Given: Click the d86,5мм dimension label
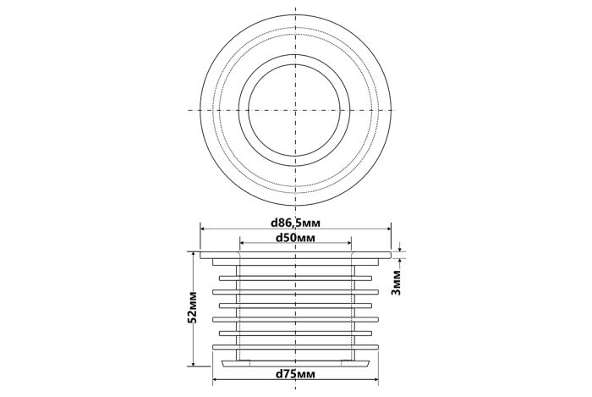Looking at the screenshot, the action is click(x=295, y=223).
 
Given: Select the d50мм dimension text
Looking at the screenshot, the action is click(x=295, y=238).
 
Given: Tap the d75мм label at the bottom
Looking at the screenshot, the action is click(x=295, y=374).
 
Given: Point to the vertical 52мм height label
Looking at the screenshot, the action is click(x=192, y=307).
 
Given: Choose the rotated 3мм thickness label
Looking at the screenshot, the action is click(x=396, y=282).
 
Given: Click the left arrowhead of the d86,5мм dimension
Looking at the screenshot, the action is click(x=203, y=229).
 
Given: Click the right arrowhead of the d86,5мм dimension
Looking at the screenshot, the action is click(x=388, y=229).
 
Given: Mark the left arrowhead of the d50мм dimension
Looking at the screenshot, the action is click(x=243, y=243).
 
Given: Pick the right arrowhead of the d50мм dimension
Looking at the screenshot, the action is click(x=348, y=243).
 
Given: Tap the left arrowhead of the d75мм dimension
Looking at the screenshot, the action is click(x=216, y=380).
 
